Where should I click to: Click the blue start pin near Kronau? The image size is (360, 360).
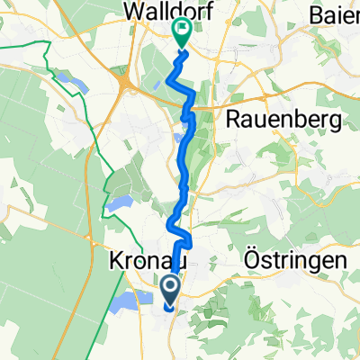click(170, 289)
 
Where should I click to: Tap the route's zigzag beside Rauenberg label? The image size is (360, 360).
click(190, 112)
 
